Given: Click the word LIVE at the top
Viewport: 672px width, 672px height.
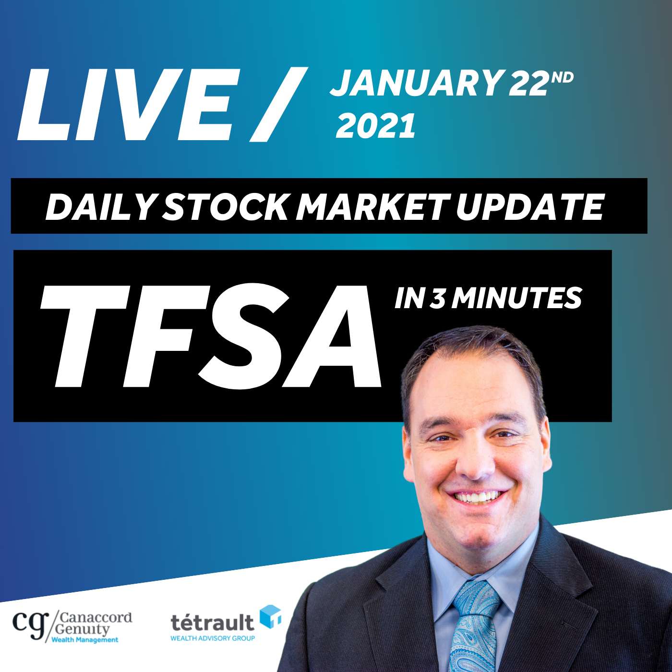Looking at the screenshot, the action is [x=129, y=104].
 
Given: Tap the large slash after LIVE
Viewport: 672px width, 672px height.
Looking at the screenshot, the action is [x=278, y=104].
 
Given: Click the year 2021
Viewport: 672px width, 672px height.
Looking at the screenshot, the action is [x=376, y=126].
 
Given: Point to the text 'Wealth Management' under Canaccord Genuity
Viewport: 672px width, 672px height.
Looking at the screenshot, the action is [x=85, y=639].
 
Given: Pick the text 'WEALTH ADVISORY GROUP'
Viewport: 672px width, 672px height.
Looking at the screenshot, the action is [x=213, y=638].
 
